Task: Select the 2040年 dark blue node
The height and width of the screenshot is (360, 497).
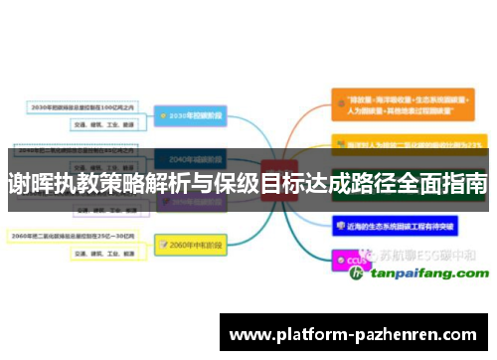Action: (x=191, y=159)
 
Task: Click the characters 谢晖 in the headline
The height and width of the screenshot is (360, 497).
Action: (x=31, y=183)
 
